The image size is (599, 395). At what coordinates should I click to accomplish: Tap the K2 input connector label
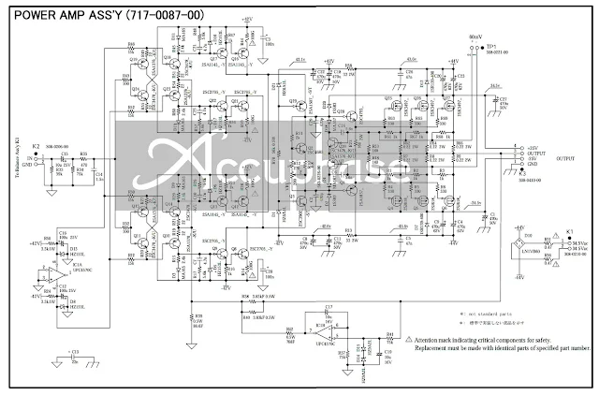click(x=37, y=147)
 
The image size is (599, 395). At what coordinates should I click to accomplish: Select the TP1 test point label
click(x=491, y=45)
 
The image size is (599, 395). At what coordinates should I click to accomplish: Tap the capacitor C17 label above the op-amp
click(x=327, y=306)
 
